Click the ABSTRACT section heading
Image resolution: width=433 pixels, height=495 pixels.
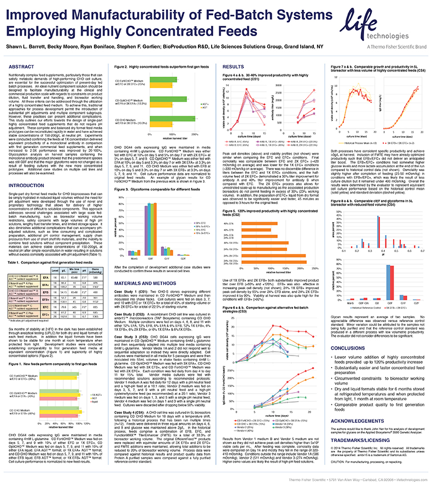pyautogui.click(x=22, y=66)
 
